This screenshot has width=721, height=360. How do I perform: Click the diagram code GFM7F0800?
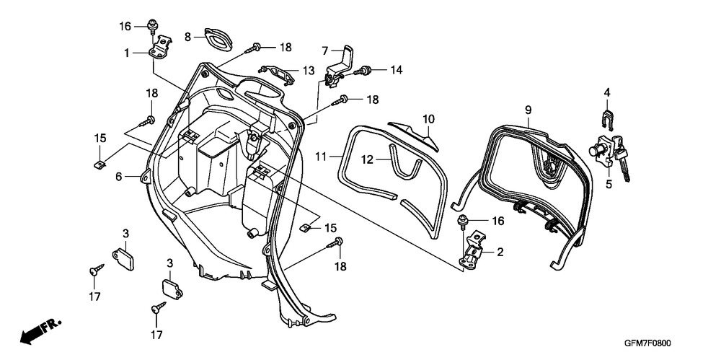pyautogui.click(x=647, y=343)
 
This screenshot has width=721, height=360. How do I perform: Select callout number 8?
pyautogui.click(x=187, y=37)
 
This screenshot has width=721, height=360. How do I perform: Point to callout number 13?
pyautogui.click(x=309, y=71)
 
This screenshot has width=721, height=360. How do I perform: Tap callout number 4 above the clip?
pyautogui.click(x=607, y=92)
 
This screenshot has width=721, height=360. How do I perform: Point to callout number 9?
pyautogui.click(x=528, y=110)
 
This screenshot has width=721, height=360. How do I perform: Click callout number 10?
pyautogui.click(x=428, y=119)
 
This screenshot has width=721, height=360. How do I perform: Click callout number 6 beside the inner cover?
pyautogui.click(x=119, y=176)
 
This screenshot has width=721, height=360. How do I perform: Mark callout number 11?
pyautogui.click(x=322, y=157)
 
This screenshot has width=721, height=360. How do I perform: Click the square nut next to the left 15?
pyautogui.click(x=98, y=164)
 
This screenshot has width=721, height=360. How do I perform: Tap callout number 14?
pyautogui.click(x=396, y=70)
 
